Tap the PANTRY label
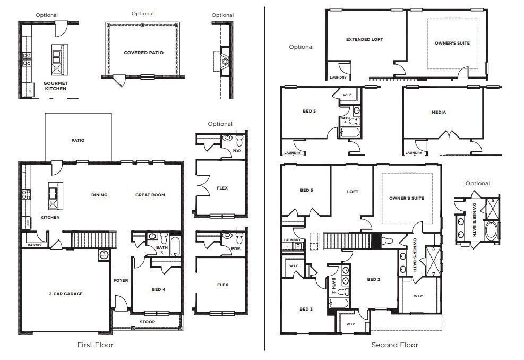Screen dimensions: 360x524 [31, 245]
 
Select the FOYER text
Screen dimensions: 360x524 [121, 280]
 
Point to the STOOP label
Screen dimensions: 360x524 [147, 322]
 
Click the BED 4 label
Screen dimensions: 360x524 [158, 289]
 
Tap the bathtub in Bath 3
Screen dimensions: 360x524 [175, 247]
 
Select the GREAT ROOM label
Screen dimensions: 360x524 [150, 195]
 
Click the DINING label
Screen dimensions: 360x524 [99, 195]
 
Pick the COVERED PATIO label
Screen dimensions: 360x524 [143, 53]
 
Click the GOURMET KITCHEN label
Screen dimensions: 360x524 [55, 86]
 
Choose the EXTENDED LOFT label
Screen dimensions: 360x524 [364, 39]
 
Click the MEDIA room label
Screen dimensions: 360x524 [439, 112]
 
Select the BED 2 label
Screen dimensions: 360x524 [373, 279]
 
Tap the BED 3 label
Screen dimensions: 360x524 [306, 309]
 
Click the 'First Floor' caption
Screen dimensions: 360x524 [96, 345]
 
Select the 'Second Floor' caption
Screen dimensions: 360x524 [394, 345]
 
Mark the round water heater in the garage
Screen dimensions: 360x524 [103, 255]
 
